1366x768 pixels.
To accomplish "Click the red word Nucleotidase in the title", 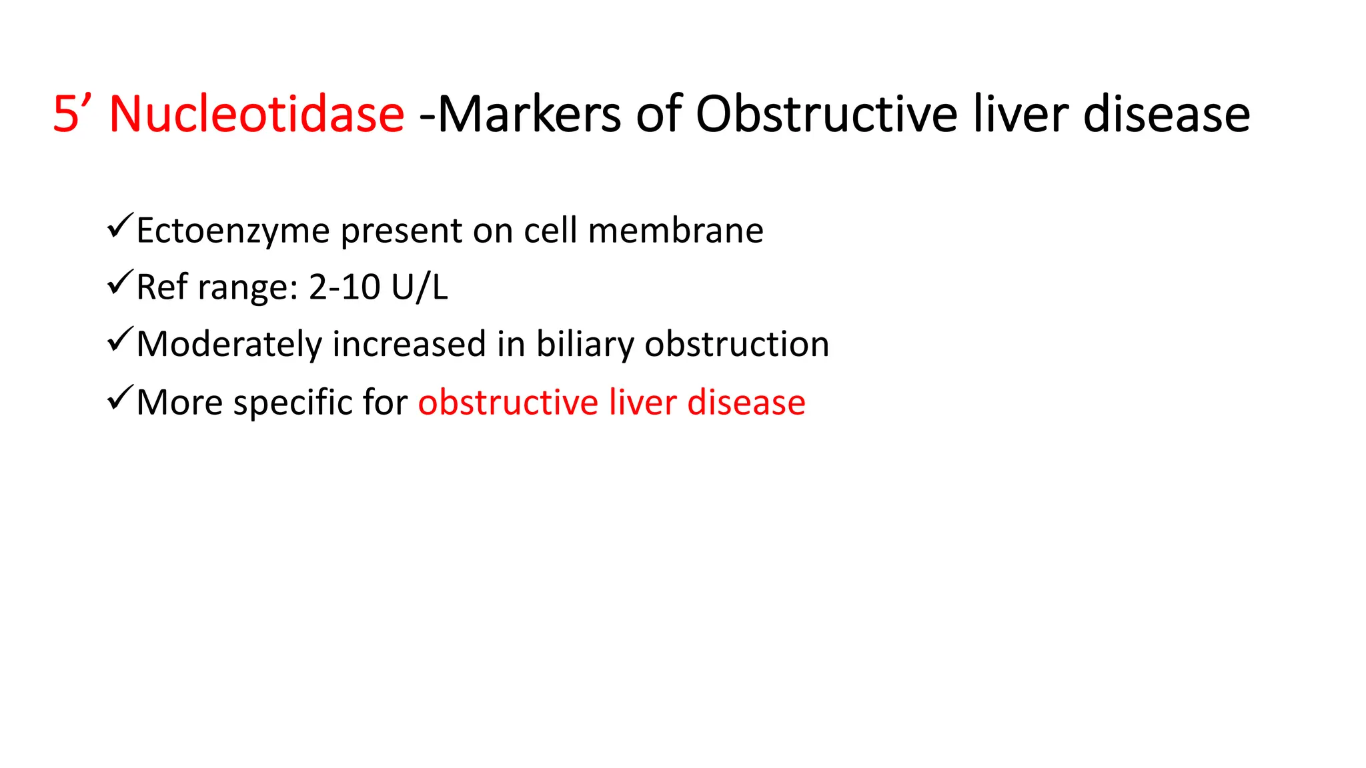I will pyautogui.click(x=256, y=114).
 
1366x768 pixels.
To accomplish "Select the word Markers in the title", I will pyautogui.click(x=530, y=114).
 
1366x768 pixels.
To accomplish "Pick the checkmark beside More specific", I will pyautogui.click(x=120, y=399).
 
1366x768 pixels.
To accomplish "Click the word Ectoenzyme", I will pyautogui.click(x=233, y=231).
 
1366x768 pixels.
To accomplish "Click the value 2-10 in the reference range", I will pyautogui.click(x=344, y=287).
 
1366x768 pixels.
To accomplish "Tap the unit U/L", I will pyautogui.click(x=420, y=287).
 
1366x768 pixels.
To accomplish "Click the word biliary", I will pyautogui.click(x=585, y=345).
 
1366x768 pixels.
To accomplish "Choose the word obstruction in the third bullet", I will pyautogui.click(x=737, y=345).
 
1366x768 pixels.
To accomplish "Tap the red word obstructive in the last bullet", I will pyautogui.click(x=508, y=403).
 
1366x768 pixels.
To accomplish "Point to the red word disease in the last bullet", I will pyautogui.click(x=746, y=403).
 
